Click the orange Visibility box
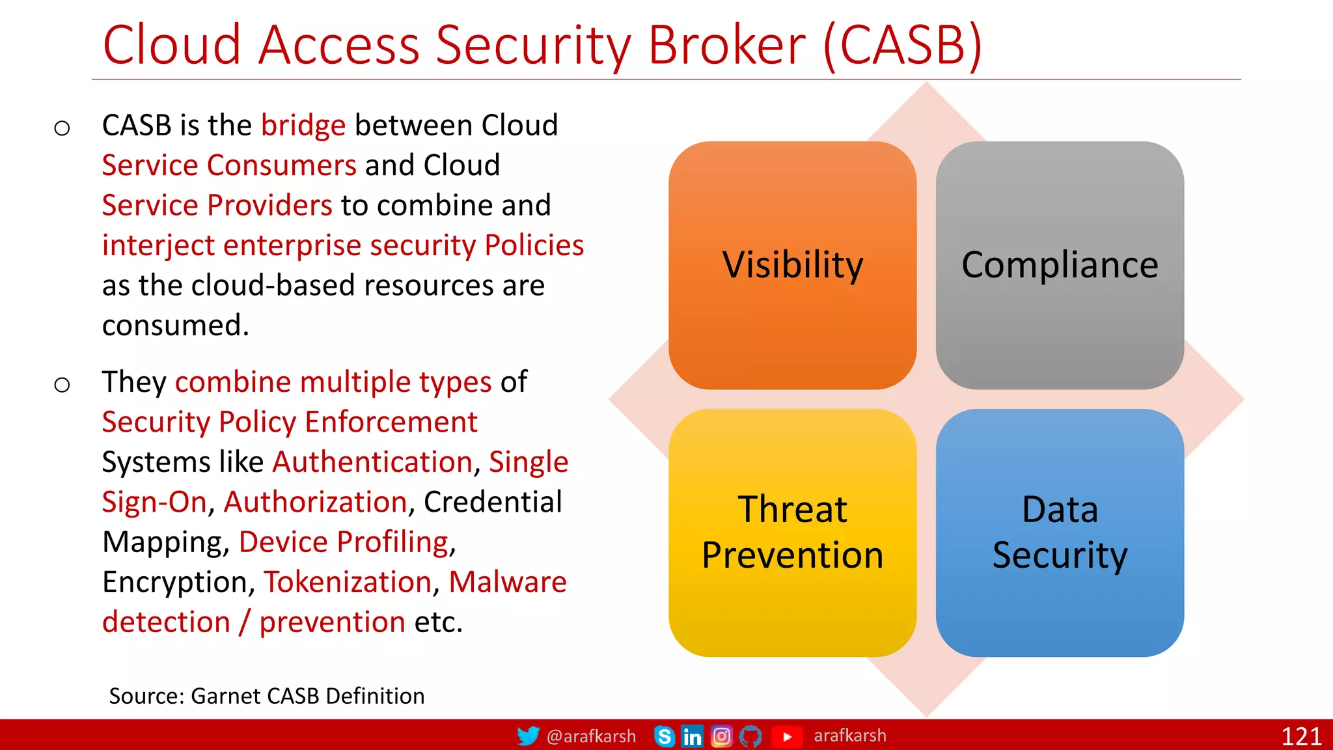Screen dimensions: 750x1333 point(792,265)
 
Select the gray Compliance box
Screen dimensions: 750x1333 point(1059,265)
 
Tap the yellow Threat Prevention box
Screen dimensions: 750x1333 point(792,532)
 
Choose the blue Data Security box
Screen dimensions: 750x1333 point(1059,532)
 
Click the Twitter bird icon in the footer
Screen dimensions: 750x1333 point(528,736)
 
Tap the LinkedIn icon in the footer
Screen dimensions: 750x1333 point(692,736)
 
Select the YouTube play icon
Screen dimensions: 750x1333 point(787,736)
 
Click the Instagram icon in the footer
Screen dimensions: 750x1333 point(721,736)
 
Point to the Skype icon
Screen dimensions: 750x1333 point(664,736)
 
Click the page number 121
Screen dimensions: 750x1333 point(1300,736)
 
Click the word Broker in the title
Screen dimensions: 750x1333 point(726,46)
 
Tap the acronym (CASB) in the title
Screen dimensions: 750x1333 point(903,46)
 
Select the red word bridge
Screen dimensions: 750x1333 point(303,125)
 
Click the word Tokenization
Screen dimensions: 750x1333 point(348,582)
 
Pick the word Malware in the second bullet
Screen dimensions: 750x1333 point(507,582)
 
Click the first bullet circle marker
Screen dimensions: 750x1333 point(62,128)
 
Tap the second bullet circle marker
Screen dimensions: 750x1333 point(62,385)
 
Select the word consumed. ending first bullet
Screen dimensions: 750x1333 point(175,326)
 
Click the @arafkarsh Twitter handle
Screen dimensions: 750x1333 point(590,736)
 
